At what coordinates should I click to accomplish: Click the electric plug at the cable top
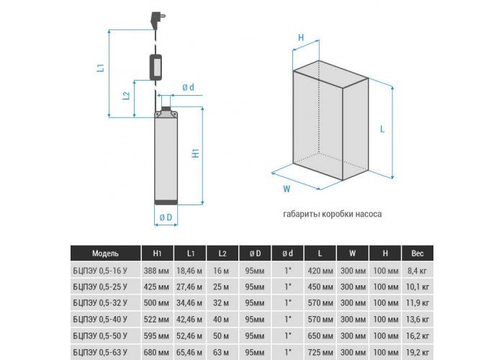coord(158,20)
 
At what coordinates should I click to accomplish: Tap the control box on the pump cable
coord(156,67)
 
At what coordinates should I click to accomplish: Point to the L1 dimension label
coord(101,68)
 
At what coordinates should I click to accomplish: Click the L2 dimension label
coord(127,96)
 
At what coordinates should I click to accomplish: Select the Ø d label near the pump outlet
coord(189,87)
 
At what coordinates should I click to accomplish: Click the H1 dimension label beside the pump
coord(195,153)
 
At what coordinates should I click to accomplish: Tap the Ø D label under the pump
coord(166,217)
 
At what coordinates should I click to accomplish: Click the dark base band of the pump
coord(166,202)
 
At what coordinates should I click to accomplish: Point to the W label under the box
coord(287,189)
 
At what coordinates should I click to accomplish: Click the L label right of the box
coord(382,129)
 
